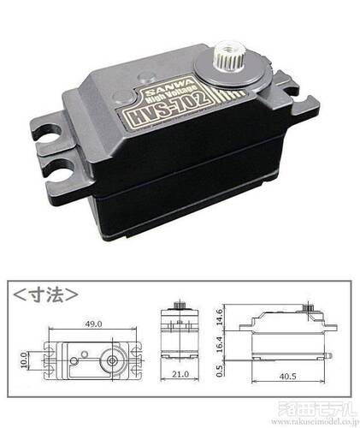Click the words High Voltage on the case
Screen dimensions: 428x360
coord(169,98)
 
